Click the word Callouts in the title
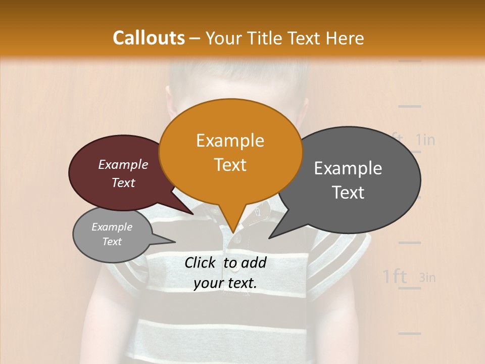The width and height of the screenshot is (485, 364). click(149, 38)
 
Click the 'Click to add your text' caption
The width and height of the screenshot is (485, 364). click(225, 273)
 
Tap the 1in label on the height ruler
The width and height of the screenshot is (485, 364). click(425, 140)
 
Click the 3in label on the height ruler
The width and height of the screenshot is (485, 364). click(427, 277)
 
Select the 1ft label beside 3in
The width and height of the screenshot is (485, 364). click(395, 277)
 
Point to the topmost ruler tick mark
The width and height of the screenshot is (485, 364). click(409, 61)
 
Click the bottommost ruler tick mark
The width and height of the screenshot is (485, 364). click(409, 334)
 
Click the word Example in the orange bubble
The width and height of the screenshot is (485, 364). click(230, 141)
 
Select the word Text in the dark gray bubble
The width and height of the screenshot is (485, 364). click(349, 193)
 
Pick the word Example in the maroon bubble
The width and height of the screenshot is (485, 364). click(123, 165)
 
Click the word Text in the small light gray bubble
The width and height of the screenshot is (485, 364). click(112, 242)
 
